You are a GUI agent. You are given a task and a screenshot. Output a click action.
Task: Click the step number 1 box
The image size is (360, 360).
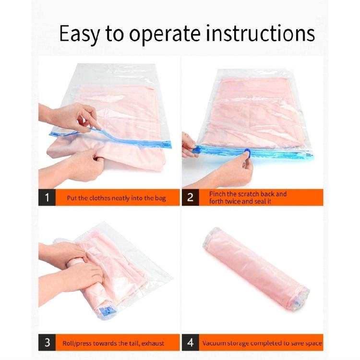point(47,197)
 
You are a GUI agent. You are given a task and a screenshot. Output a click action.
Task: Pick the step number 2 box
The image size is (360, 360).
point(190,197)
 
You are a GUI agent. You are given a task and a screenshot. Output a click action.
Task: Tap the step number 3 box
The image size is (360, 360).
point(47,343)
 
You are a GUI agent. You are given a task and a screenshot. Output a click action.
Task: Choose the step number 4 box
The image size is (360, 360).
point(190,343)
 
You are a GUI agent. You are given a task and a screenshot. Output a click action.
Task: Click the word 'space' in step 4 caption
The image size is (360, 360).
point(312,343)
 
